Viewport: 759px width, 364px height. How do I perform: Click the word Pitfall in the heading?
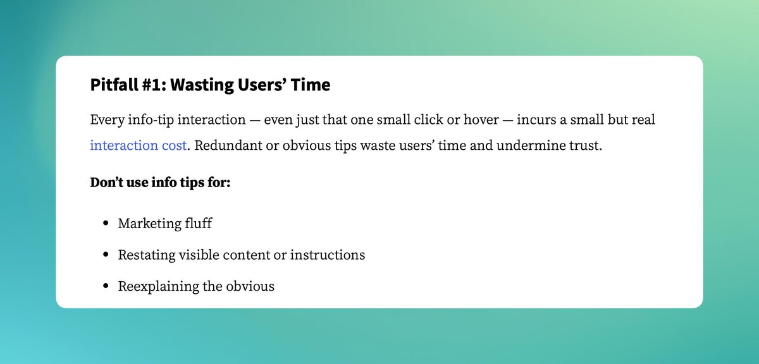114,84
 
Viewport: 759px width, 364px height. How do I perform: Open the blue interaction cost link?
139,145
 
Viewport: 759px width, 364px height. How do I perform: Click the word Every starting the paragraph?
107,120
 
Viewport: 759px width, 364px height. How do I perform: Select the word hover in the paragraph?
481,119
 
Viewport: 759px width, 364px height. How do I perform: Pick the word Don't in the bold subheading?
106,182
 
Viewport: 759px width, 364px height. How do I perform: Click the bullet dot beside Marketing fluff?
106,223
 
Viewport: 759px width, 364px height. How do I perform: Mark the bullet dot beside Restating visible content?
106,254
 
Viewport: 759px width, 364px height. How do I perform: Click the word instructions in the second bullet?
328,255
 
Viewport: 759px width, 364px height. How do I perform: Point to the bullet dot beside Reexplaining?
106,286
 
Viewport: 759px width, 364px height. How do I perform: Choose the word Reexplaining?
159,287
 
